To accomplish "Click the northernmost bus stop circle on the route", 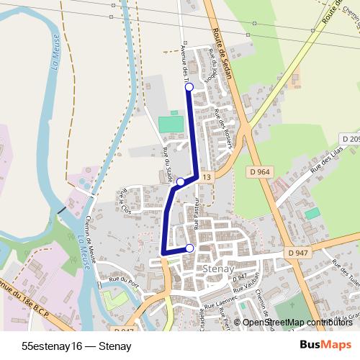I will pos(189,87).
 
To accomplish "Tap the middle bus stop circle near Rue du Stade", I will pos(181,182).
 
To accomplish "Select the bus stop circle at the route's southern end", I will pos(190,248).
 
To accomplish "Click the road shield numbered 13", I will pos(207,177).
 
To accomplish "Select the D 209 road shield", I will pos(350,138).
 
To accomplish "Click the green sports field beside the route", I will pos(171,124).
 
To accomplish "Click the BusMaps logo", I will pos(326,346).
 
